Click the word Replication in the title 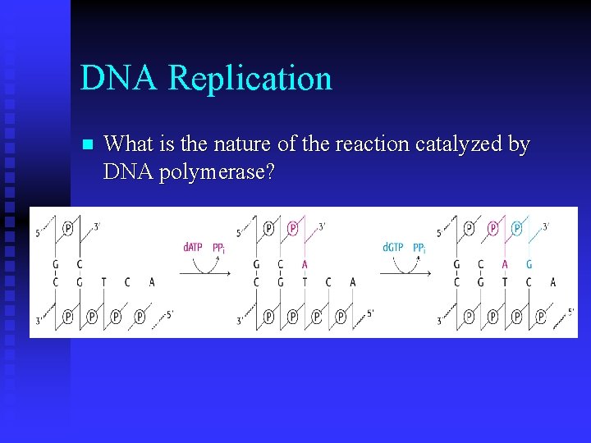pos(250,79)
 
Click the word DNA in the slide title pos(120,79)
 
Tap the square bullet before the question pos(89,145)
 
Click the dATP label pos(194,247)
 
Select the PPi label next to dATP pos(219,247)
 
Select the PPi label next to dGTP pos(419,247)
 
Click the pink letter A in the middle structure pos(305,264)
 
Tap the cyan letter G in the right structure pos(529,264)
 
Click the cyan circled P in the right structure pos(516,228)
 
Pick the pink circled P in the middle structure pos(292,228)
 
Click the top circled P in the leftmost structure pos(67,228)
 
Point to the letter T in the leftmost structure pos(103,282)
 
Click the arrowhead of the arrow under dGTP pos(429,273)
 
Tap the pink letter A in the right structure pos(505,264)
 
